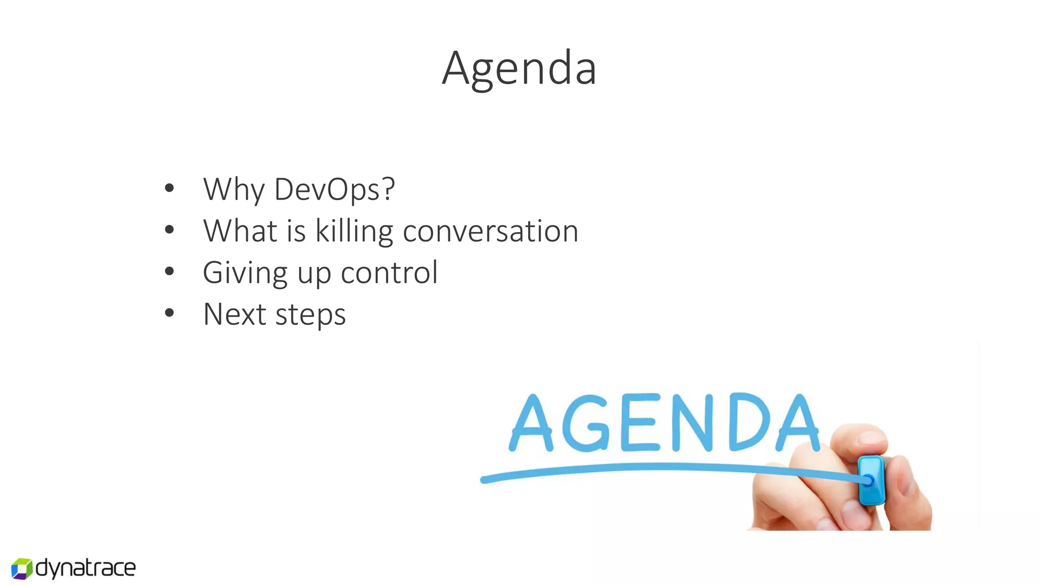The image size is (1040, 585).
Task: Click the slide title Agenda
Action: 519,69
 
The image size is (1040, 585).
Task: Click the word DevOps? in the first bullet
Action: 334,189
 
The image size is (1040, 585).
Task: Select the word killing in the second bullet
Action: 354,231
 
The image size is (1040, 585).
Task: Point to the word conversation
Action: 490,231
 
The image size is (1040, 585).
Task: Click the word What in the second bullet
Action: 240,231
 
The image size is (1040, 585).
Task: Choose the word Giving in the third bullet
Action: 245,273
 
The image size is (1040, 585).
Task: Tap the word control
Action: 389,273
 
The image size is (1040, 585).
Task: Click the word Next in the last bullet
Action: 234,314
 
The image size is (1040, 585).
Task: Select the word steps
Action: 310,315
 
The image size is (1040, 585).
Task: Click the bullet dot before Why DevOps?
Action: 170,188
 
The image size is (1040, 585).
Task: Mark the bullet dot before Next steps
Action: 170,313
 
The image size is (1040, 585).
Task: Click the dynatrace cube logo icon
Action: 22,568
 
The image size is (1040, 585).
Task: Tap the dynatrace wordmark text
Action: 85,568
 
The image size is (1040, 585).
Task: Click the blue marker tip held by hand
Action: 870,480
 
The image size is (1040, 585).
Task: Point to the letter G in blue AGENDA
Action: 586,423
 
